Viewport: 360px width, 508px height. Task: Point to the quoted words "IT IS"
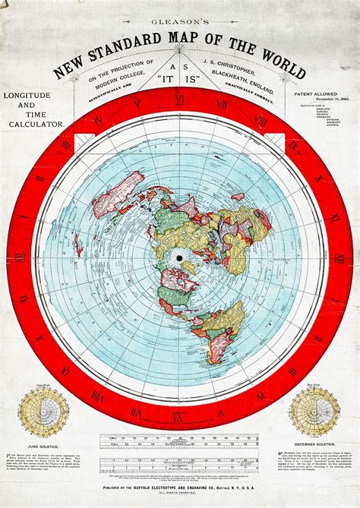(179, 77)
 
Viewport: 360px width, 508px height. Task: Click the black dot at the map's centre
(180, 259)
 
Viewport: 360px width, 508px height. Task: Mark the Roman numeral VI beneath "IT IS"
(180, 99)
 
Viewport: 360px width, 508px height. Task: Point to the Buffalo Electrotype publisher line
(179, 470)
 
